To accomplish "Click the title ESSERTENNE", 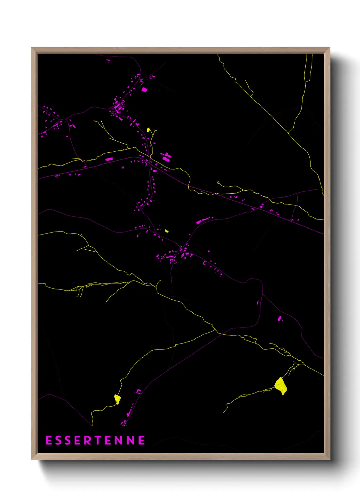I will pyautogui.click(x=95, y=440).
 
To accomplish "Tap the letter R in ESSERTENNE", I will pyautogui.click(x=88, y=440).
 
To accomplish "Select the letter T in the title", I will pyautogui.click(x=98, y=440).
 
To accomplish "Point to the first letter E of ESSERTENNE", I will pyautogui.click(x=49, y=440).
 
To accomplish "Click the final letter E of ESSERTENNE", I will pyautogui.click(x=142, y=440).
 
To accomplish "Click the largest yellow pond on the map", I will pyautogui.click(x=281, y=386).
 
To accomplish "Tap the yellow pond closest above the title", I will pyautogui.click(x=117, y=399).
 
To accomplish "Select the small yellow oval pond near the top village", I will pyautogui.click(x=148, y=130).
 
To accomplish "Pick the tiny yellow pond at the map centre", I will pyautogui.click(x=167, y=231).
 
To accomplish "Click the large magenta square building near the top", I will pyautogui.click(x=144, y=90).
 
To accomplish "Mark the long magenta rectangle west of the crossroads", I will pyautogui.click(x=109, y=159).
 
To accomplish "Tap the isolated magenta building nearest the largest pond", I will pyautogui.click(x=280, y=319).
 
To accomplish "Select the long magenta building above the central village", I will pyautogui.click(x=203, y=221).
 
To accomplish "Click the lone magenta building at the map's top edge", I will pyautogui.click(x=108, y=60).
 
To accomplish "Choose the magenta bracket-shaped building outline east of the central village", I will pyautogui.click(x=204, y=263).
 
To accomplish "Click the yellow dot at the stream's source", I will pyautogui.click(x=101, y=121).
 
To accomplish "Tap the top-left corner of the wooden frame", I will pyautogui.click(x=32, y=48).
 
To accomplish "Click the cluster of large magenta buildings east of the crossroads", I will pyautogui.click(x=166, y=157).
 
